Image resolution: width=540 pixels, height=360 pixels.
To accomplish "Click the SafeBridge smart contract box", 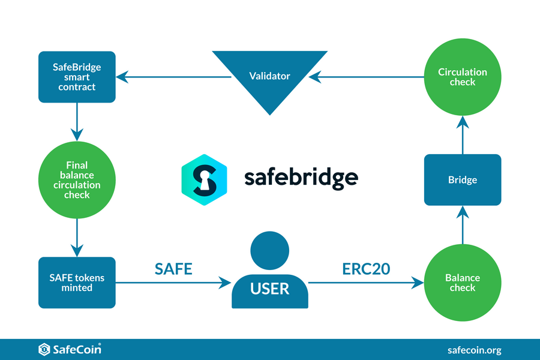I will [77, 77].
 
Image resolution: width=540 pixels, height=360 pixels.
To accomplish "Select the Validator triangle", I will [269, 77].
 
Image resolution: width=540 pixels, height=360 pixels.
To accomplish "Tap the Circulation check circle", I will [463, 77].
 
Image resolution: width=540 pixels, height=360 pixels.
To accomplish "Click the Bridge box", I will [463, 179].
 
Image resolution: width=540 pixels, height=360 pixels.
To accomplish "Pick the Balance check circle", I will [463, 283].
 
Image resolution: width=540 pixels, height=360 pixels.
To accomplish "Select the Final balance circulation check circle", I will [77, 179].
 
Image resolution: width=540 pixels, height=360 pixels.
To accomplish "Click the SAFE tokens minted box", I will [77, 283].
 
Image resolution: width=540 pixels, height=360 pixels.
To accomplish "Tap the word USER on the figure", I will [269, 289].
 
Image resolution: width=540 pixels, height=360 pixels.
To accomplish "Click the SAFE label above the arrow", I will [173, 269].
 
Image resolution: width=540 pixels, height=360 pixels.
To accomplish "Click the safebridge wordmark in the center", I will [301, 178].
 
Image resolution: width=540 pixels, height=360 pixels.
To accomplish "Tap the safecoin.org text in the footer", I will [474, 350].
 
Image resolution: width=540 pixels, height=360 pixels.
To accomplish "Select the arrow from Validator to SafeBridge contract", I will [174, 77].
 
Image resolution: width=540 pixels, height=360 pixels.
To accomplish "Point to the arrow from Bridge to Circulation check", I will [463, 135].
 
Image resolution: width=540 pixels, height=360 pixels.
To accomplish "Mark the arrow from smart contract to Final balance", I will [77, 122].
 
